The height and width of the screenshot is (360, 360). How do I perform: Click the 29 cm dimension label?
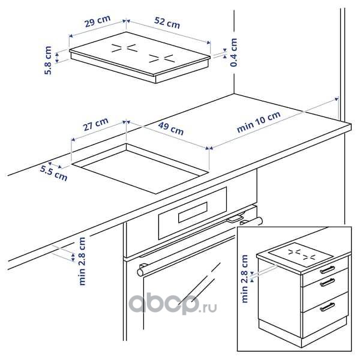pyautogui.click(x=98, y=21)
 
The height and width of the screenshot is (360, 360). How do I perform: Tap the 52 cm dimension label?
pyautogui.click(x=167, y=23)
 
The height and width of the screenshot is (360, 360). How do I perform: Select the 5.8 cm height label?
pyautogui.click(x=48, y=61)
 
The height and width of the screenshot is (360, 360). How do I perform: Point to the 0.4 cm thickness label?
pyautogui.click(x=233, y=53)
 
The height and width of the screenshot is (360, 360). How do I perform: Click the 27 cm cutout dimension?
pyautogui.click(x=96, y=124)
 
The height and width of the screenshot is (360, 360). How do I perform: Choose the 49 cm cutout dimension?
pyautogui.click(x=171, y=129)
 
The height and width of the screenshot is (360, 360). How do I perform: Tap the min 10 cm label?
pyautogui.click(x=259, y=122)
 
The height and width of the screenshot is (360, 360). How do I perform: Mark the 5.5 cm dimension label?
pyautogui.click(x=54, y=173)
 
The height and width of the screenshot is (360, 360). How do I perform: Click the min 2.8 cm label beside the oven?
pyautogui.click(x=82, y=261)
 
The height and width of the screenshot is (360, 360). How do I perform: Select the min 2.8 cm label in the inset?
pyautogui.click(x=245, y=279)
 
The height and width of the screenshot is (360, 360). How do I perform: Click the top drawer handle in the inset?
pyautogui.click(x=328, y=269)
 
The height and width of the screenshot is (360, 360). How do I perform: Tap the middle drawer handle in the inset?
pyautogui.click(x=328, y=282)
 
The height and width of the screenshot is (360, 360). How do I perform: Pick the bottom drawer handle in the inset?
pyautogui.click(x=328, y=307)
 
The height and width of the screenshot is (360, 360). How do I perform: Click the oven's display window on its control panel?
pyautogui.click(x=193, y=212)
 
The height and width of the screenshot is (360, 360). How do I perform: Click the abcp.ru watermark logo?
pyautogui.click(x=172, y=304)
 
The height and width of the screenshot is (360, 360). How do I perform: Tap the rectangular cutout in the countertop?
pyautogui.click(x=140, y=169)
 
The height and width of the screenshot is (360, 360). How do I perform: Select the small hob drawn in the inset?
pyautogui.click(x=301, y=254)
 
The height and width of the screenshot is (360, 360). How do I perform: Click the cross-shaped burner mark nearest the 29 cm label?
pyautogui.click(x=125, y=48)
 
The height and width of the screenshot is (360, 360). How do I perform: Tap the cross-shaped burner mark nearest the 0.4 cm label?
pyautogui.click(x=161, y=59)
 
